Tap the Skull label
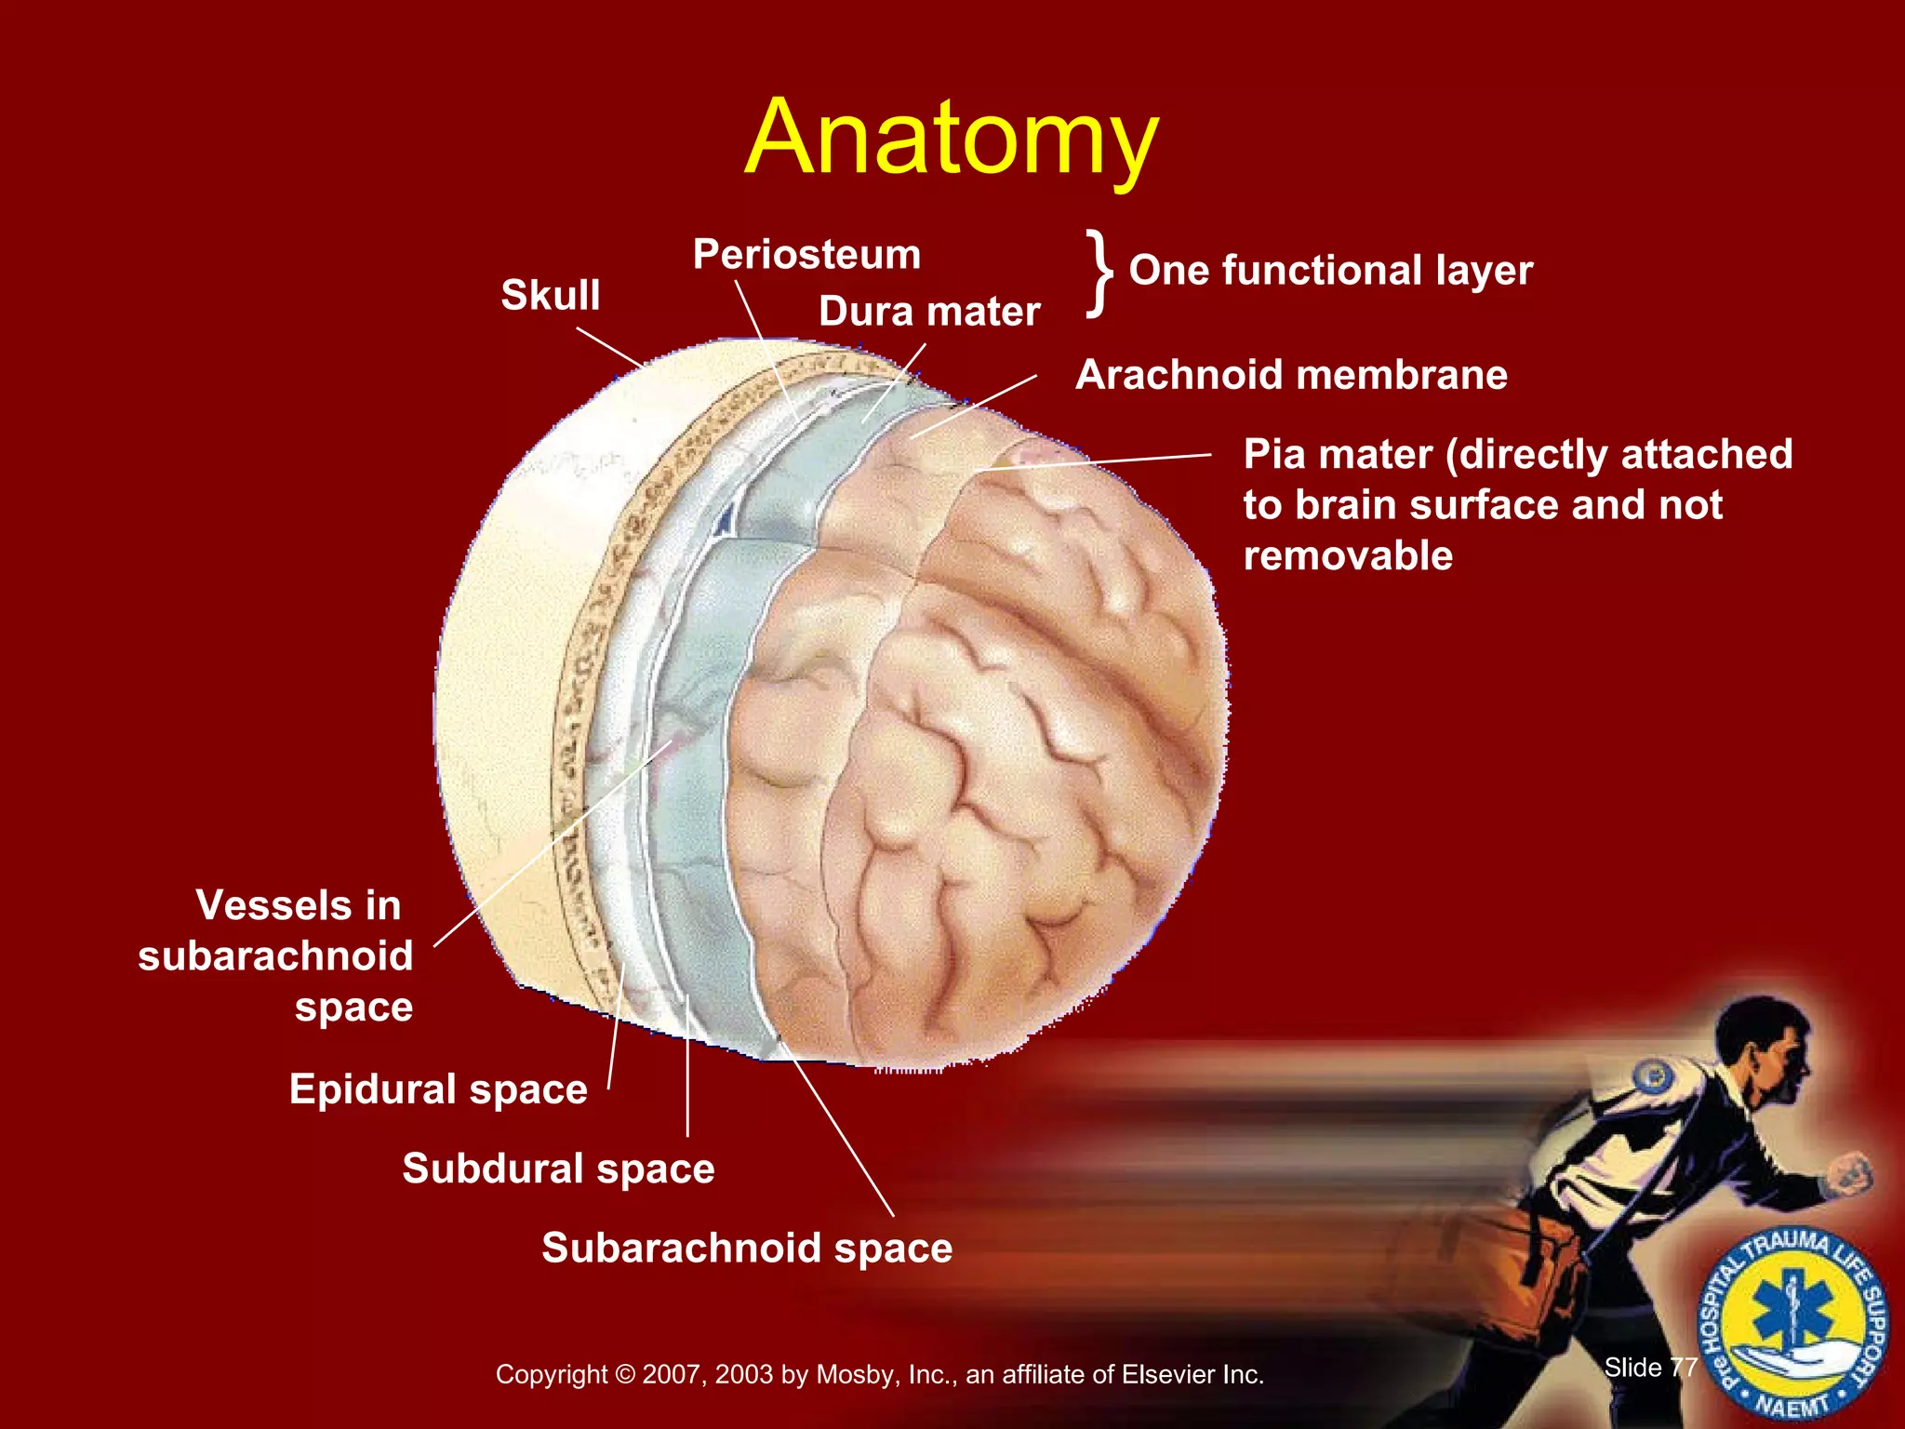(550, 295)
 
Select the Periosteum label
(806, 254)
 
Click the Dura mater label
(928, 312)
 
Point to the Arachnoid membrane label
(1291, 375)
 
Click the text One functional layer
(1330, 271)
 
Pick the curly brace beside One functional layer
(1099, 274)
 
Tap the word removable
(1348, 555)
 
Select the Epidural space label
(438, 1088)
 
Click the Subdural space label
(558, 1169)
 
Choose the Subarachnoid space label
(747, 1248)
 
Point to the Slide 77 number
(1650, 1367)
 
